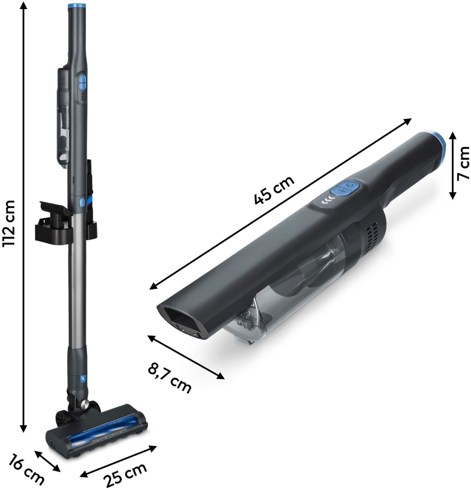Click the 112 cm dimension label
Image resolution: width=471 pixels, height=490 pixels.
click(x=9, y=223)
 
